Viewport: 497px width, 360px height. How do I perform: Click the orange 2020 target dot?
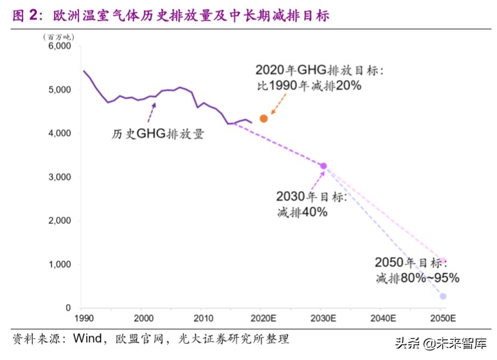point(264,119)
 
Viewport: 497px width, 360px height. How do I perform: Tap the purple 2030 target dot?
point(323,166)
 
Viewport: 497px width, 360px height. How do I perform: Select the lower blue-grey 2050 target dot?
point(443,296)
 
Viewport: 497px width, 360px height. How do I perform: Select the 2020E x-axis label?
point(262,318)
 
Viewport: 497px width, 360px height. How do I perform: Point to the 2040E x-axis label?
point(382,318)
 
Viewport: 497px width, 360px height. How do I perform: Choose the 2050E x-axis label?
point(442,318)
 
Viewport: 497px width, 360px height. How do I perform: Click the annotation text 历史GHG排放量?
point(158,134)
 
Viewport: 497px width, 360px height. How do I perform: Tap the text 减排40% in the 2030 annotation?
point(302,211)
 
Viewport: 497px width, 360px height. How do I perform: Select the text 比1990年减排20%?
point(309,86)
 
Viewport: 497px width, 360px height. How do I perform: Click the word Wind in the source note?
point(87,339)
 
